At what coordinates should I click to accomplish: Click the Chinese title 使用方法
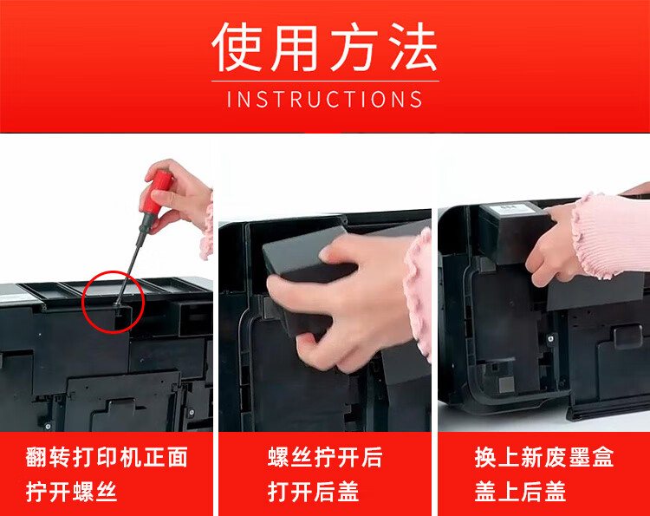(x=325, y=47)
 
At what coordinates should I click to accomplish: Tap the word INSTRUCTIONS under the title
(x=325, y=100)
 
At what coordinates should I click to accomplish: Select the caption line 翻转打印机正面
(x=107, y=457)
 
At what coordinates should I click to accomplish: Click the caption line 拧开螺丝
(x=71, y=492)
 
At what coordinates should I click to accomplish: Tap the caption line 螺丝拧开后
(x=325, y=457)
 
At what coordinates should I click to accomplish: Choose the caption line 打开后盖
(x=314, y=492)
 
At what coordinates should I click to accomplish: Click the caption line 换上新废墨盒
(x=544, y=457)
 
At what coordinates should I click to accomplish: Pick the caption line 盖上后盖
(x=520, y=492)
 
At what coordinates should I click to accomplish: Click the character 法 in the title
(x=413, y=47)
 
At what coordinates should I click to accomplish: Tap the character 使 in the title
(x=237, y=47)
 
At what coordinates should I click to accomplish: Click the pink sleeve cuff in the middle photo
(x=418, y=291)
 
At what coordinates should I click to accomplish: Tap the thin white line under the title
(x=325, y=82)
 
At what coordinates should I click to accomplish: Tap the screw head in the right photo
(x=551, y=339)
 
